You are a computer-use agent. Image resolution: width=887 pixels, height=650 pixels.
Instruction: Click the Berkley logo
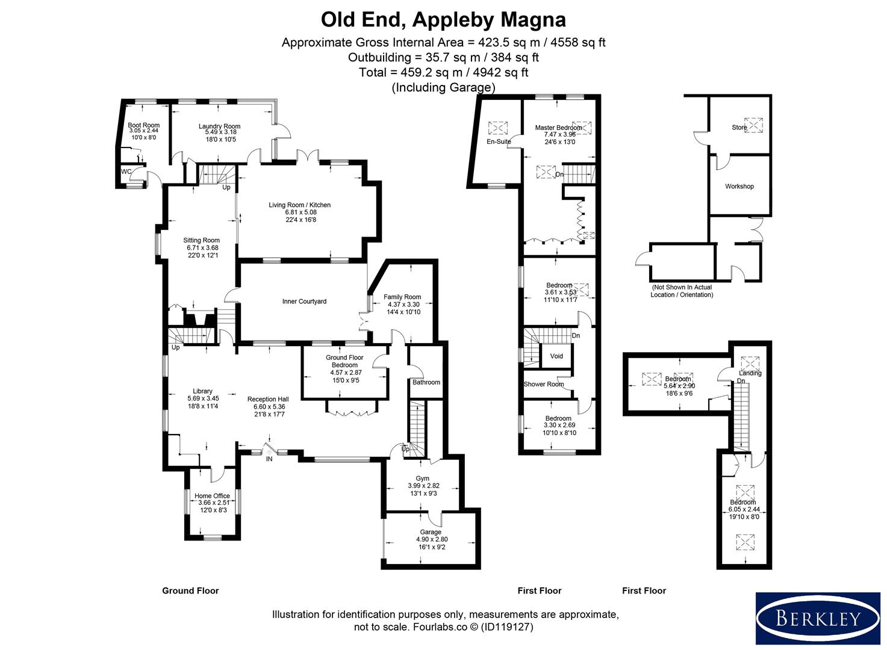click(817, 618)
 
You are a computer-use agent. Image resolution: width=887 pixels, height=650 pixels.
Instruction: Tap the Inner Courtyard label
click(304, 302)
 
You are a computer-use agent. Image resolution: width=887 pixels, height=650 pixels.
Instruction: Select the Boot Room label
click(144, 125)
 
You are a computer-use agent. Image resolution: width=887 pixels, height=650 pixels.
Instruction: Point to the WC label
click(126, 172)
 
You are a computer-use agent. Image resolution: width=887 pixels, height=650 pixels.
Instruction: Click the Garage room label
click(431, 532)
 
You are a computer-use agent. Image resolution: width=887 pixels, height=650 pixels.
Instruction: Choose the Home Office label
click(212, 496)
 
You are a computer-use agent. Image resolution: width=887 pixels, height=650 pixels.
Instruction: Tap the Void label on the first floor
click(556, 356)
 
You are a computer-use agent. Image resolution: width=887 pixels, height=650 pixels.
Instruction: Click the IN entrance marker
click(269, 459)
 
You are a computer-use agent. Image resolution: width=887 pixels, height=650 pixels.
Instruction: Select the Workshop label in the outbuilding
click(739, 187)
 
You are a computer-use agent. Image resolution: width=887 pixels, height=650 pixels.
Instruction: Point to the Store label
click(739, 128)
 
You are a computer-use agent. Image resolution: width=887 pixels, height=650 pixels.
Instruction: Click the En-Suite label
click(499, 142)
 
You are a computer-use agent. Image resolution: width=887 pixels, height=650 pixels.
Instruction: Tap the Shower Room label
click(544, 384)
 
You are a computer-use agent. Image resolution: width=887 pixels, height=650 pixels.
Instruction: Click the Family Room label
click(402, 297)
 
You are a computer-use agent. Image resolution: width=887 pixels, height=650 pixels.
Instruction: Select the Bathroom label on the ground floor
click(426, 382)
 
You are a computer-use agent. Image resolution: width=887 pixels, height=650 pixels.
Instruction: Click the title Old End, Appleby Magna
click(443, 20)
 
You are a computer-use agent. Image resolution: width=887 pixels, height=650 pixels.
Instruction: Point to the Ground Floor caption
click(190, 591)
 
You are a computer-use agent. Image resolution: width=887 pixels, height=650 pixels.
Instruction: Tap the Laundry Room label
click(219, 126)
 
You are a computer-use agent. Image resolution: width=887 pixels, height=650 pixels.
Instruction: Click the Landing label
click(750, 373)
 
